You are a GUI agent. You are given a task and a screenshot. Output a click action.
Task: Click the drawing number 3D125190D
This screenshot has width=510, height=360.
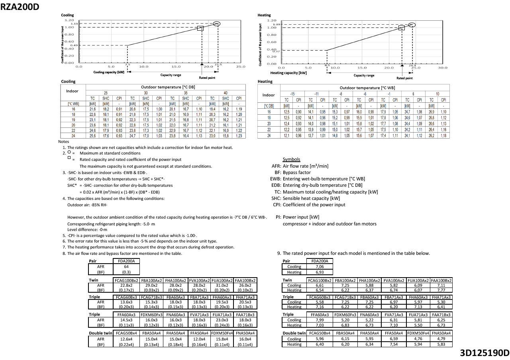point(484,353)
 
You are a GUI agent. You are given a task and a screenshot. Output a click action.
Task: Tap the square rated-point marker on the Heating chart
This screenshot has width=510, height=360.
point(402,28)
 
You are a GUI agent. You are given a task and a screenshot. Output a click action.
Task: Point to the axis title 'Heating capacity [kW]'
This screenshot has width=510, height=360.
point(288,73)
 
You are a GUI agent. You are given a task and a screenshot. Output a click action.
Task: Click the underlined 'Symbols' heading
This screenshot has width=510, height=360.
point(291,159)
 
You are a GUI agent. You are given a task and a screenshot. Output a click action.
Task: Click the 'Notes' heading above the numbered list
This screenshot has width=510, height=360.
point(63,141)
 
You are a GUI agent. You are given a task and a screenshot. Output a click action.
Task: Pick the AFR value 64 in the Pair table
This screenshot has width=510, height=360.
point(126,267)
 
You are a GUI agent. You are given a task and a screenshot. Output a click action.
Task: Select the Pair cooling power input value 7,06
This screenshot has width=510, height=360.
point(319,267)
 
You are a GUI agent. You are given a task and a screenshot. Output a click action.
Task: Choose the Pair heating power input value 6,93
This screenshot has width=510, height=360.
point(319,272)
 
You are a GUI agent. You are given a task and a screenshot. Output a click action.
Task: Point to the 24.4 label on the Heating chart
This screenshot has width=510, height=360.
point(412,65)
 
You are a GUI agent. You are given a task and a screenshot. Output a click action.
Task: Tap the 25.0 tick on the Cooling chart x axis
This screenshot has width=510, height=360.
point(241,67)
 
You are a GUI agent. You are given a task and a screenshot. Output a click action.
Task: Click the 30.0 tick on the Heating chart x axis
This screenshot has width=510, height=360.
point(443,68)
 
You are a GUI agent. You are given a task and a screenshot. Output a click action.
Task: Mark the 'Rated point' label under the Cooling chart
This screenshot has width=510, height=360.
point(207,78)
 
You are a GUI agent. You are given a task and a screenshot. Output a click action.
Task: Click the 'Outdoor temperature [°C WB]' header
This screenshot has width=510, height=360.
point(367,88)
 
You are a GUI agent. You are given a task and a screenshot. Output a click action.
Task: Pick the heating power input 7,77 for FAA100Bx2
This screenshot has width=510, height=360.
point(441,290)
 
